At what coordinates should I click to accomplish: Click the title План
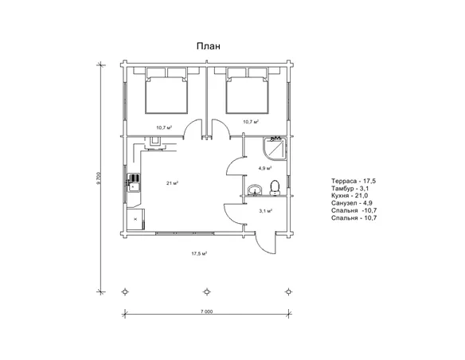point(209,46)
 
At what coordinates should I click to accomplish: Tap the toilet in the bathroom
point(275,188)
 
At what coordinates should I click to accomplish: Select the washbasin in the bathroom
point(255,190)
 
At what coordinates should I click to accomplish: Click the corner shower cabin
point(275,148)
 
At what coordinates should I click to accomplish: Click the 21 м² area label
point(172,183)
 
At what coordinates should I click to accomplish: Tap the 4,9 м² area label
point(265,168)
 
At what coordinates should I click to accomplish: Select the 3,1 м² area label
point(266,211)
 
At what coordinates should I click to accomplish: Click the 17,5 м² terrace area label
point(199,253)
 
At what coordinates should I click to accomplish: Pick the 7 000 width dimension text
point(206,311)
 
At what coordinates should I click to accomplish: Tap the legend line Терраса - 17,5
point(354,181)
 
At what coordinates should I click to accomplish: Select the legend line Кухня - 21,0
point(350,195)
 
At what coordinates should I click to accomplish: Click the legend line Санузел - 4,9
point(352,203)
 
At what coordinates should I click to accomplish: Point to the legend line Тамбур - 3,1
point(350,188)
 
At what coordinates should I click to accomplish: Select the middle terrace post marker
point(207,292)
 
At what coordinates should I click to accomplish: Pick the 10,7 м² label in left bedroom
point(164,127)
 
